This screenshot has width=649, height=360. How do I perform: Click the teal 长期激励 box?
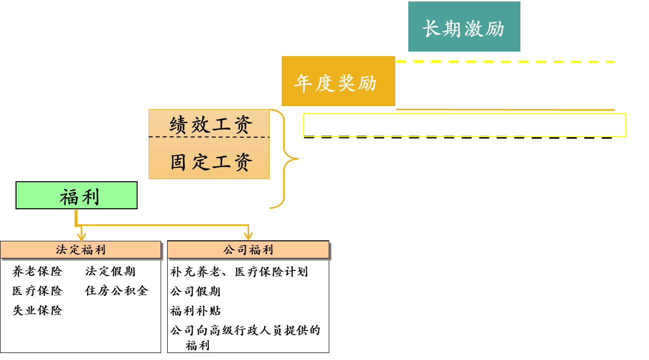coord(464,27)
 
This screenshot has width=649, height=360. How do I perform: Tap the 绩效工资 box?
coord(209,124)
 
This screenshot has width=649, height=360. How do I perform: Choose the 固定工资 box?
coord(209,161)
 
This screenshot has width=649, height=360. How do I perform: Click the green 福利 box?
coord(77,196)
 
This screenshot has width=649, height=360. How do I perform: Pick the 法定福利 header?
coord(81,250)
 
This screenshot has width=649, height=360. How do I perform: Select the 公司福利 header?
coord(248,250)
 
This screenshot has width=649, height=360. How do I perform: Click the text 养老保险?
coord(38,272)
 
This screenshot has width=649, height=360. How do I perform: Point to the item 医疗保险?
coord(38,291)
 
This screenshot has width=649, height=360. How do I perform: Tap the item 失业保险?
coord(38,310)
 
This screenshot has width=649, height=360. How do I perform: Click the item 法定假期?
coord(110,272)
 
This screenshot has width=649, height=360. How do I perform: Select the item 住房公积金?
coord(117,291)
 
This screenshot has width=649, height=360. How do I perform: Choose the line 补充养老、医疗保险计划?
coord(239,272)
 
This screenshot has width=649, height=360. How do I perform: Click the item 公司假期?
coord(195,291)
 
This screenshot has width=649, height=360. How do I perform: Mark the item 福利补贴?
coord(195,311)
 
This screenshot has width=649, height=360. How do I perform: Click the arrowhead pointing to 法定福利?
coord(81,235)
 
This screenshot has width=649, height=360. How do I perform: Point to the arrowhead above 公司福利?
coord(248,235)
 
